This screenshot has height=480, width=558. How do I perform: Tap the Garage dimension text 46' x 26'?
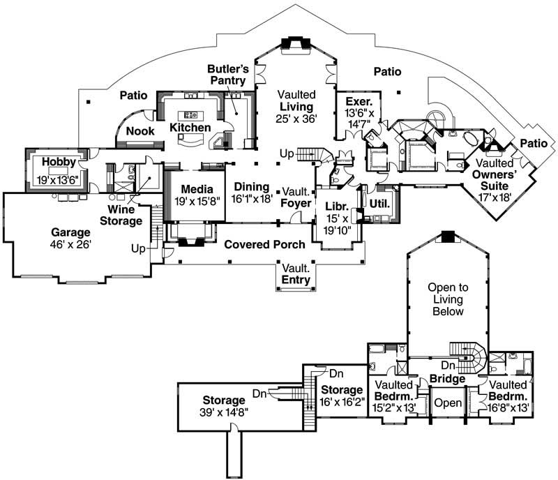(x=69, y=245)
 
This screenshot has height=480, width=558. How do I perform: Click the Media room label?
(x=196, y=189)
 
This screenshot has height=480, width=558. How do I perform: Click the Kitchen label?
(x=190, y=128)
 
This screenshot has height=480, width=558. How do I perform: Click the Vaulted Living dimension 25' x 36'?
(x=296, y=119)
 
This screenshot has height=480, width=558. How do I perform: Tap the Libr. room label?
(x=337, y=207)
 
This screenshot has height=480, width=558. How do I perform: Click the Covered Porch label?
(x=264, y=245)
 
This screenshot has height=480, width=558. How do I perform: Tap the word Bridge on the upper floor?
(x=447, y=379)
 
